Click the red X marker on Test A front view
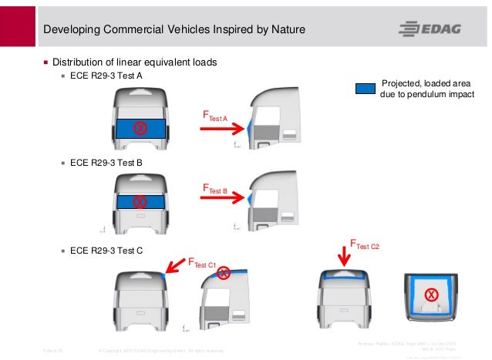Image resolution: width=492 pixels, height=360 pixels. (140, 128)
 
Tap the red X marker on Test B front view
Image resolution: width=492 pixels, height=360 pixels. (140, 202)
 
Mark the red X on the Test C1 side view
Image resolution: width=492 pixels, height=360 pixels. (224, 272)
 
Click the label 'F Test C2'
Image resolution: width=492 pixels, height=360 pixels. (366, 245)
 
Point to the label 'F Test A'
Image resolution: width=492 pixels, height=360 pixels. (214, 116)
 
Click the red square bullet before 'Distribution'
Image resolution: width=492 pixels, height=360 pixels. (45, 62)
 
